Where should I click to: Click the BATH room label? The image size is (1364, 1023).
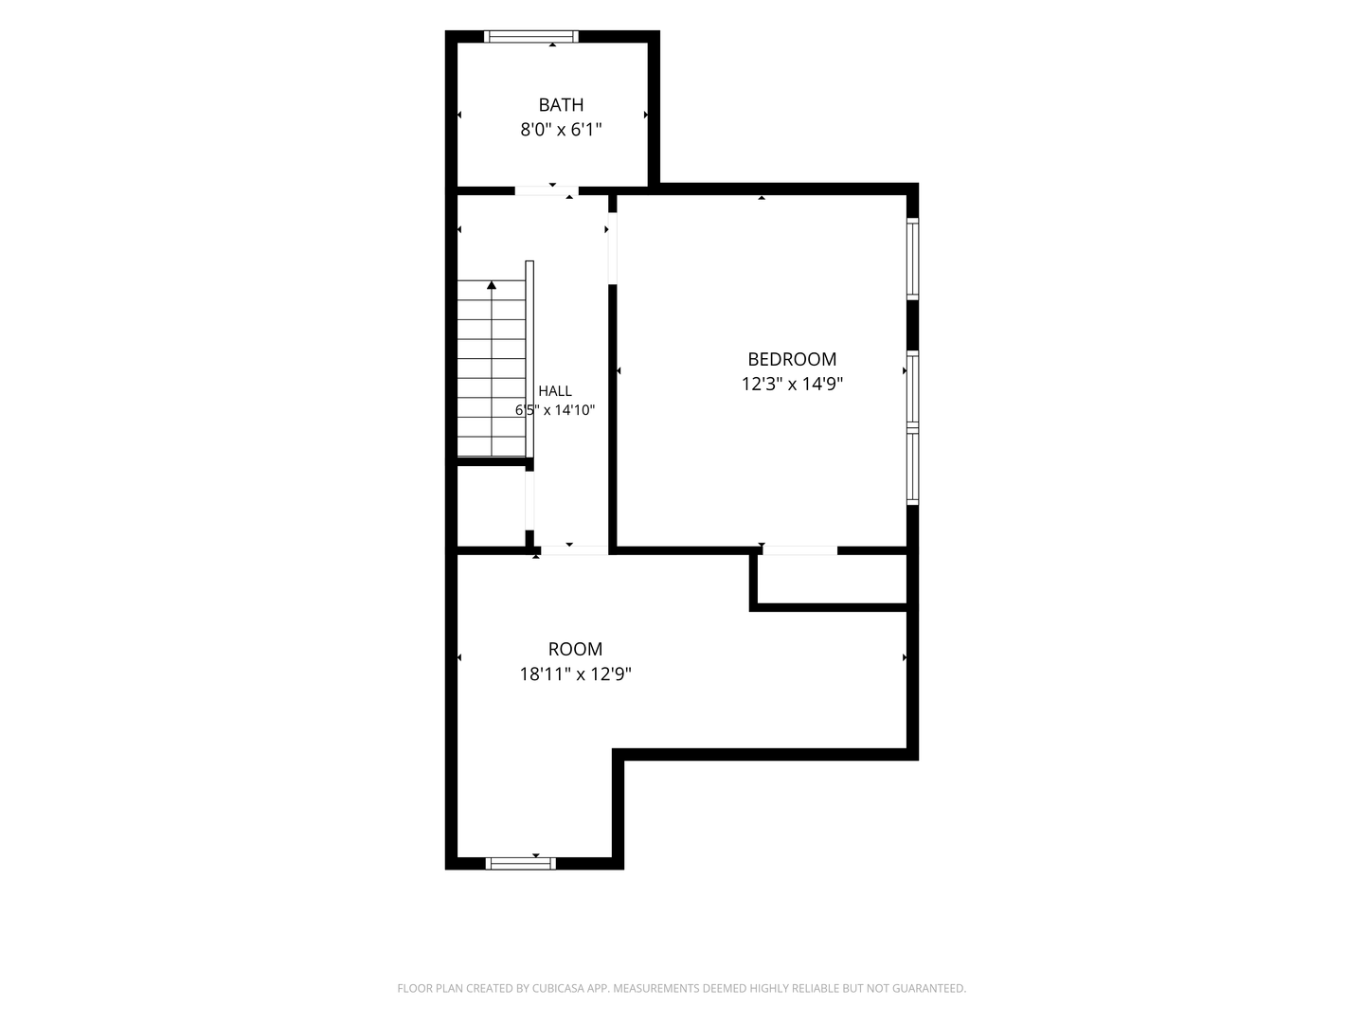tap(561, 104)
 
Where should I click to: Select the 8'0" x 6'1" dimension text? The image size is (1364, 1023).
tap(561, 130)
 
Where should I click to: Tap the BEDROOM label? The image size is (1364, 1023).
tap(792, 359)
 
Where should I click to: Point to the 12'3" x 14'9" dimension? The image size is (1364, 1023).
tap(792, 384)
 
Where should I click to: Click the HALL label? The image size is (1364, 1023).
tap(555, 390)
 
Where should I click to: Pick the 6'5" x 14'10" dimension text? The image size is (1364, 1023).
tap(555, 410)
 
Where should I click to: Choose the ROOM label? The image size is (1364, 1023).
tap(575, 649)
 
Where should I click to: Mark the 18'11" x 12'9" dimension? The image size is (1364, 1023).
tap(575, 673)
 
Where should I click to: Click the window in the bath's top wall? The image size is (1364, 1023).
tap(530, 37)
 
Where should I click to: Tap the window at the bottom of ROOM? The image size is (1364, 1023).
tap(520, 863)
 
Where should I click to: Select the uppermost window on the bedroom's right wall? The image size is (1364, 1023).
tap(912, 259)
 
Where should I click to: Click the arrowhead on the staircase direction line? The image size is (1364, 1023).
tap(492, 285)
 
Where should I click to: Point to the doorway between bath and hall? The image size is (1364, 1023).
tap(547, 190)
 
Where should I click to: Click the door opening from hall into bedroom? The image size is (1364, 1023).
tap(612, 248)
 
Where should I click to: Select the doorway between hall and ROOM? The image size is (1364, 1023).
tap(574, 550)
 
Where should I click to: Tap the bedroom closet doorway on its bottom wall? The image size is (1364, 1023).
tap(799, 550)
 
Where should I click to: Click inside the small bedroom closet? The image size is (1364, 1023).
tap(832, 579)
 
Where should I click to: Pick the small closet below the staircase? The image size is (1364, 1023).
tap(491, 506)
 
